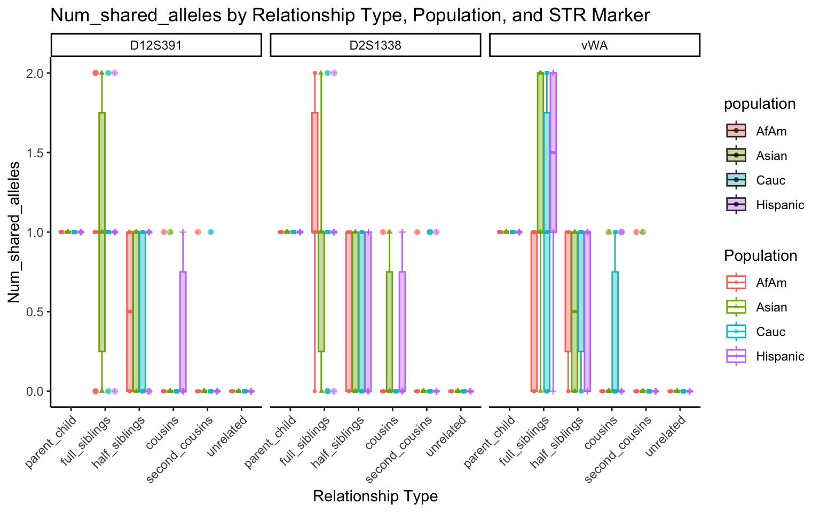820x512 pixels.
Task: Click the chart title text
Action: coord(350,15)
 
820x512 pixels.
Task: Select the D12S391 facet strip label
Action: coord(156,45)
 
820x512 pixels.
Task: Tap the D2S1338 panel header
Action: coord(375,45)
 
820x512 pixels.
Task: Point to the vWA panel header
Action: coord(594,45)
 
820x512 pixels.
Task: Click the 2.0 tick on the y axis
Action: coord(35,73)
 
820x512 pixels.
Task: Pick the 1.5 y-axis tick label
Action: coord(35,153)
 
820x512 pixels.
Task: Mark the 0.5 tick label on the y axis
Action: coord(35,311)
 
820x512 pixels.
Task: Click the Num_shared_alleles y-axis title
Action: coord(14,232)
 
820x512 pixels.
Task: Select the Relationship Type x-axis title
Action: coord(375,497)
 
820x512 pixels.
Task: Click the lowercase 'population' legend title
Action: coord(760,104)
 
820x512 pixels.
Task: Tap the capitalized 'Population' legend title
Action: coord(760,256)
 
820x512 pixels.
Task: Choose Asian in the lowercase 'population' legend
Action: coord(771,156)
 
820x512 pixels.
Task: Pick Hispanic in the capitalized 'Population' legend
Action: coord(780,356)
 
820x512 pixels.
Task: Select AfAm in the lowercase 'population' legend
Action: coord(771,131)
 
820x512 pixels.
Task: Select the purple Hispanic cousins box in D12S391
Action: coord(183,331)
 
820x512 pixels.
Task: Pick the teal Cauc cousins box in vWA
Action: coord(615,331)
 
